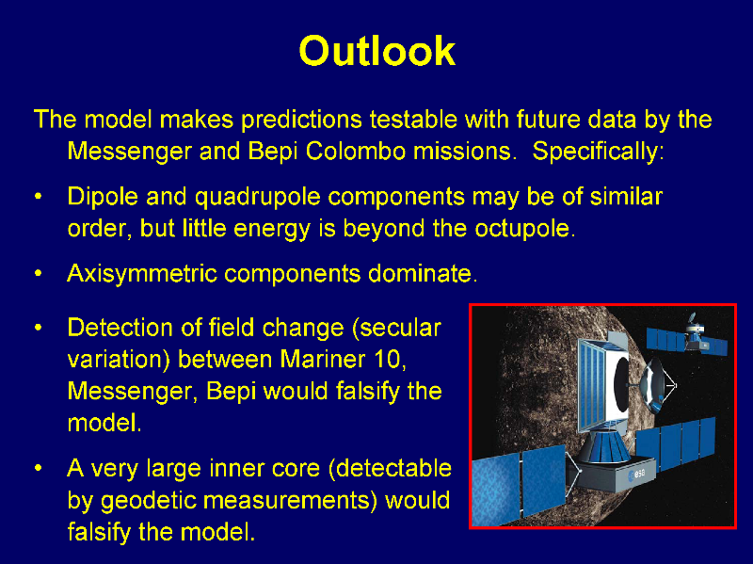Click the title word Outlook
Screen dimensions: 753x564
click(x=377, y=51)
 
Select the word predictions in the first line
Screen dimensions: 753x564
click(x=301, y=120)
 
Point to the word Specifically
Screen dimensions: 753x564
click(x=598, y=152)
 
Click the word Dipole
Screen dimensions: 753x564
click(x=103, y=197)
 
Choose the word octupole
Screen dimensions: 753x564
click(x=525, y=228)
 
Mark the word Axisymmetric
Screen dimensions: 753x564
click(x=142, y=274)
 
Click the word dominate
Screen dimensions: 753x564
click(x=423, y=274)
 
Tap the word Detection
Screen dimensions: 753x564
click(x=120, y=328)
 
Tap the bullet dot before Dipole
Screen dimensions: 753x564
click(x=39, y=197)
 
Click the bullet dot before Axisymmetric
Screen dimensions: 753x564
click(x=39, y=274)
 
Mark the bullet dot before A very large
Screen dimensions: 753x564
click(x=39, y=468)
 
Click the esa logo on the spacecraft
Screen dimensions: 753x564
click(x=637, y=475)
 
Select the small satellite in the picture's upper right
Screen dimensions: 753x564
click(x=688, y=336)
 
